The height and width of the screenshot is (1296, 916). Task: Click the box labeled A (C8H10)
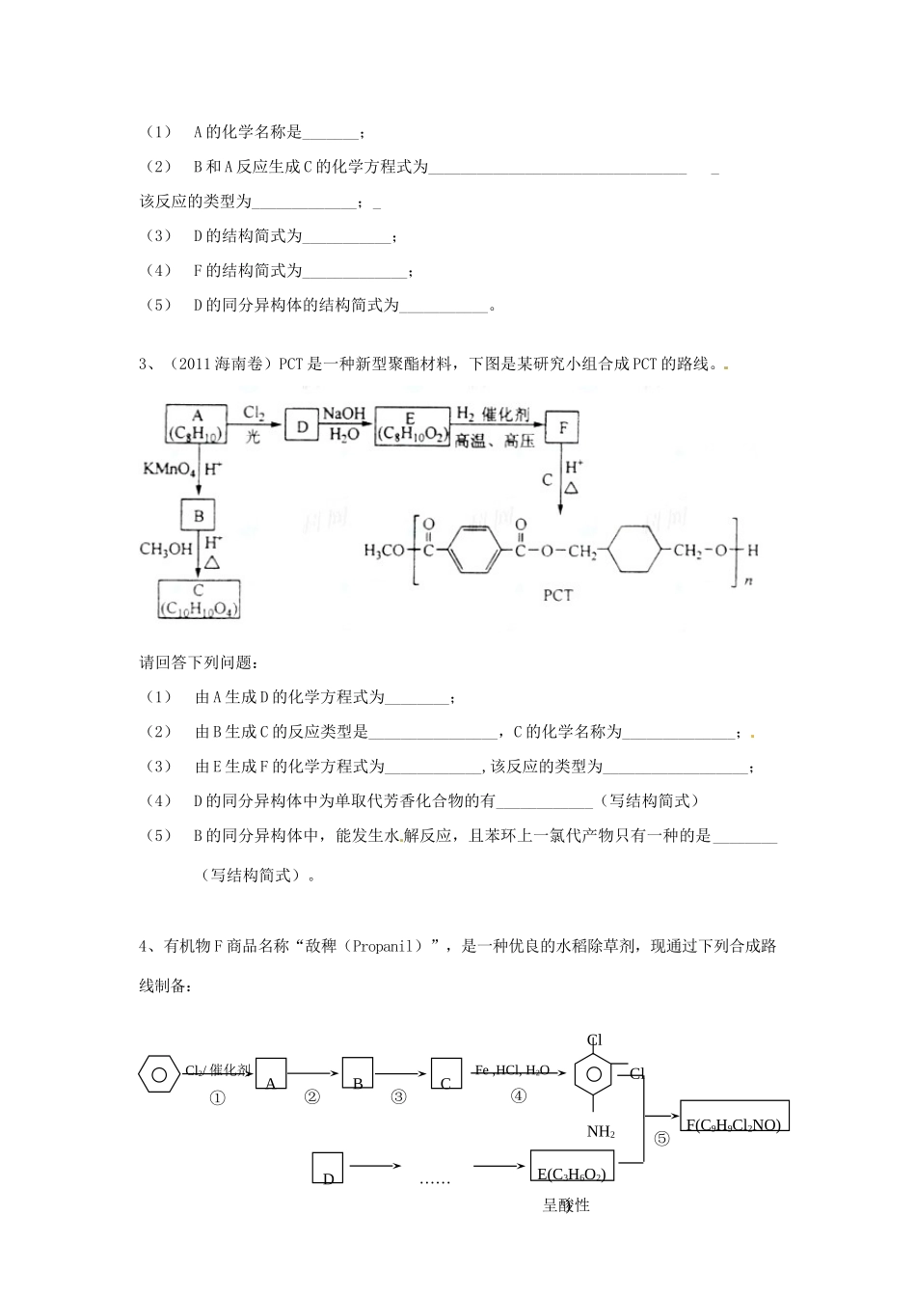(196, 425)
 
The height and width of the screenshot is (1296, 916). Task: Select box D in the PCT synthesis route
(302, 424)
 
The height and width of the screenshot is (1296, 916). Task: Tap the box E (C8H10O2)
(411, 425)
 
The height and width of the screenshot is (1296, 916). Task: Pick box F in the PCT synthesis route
(562, 425)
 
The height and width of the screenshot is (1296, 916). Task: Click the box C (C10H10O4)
(199, 599)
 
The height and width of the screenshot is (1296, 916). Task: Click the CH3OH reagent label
(166, 549)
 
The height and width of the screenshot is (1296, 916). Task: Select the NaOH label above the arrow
(344, 413)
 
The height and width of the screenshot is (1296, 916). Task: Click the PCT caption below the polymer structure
(557, 595)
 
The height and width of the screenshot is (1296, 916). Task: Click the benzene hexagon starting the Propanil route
(160, 1073)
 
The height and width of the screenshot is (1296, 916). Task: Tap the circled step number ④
(519, 1095)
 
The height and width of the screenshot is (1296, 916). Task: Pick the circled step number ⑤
(661, 1138)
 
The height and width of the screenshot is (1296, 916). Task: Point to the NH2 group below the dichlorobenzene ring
(601, 1132)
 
